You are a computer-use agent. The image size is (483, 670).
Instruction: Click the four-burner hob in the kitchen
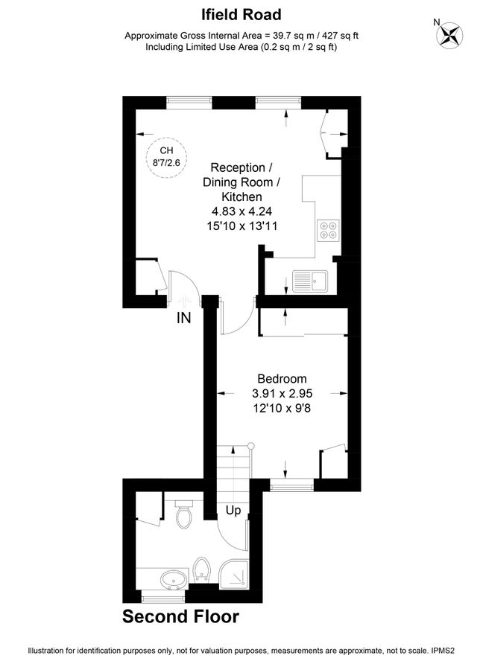[x=327, y=231]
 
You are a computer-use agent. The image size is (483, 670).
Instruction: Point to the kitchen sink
[x=312, y=280]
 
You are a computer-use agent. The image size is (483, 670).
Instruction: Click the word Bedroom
[x=282, y=378]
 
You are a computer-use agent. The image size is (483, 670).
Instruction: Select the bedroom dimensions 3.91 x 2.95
[x=282, y=393]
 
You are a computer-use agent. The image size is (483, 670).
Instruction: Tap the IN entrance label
[x=183, y=319]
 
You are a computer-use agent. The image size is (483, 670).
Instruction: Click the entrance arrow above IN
[x=183, y=300]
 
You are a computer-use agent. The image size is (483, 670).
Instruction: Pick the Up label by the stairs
[x=233, y=511]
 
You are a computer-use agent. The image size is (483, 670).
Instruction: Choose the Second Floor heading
[x=180, y=616]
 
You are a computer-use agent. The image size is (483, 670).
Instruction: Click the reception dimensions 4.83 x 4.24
[x=236, y=211]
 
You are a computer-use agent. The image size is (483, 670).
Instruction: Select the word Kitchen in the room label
[x=236, y=197]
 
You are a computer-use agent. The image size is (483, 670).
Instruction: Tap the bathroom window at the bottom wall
[x=162, y=596]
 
